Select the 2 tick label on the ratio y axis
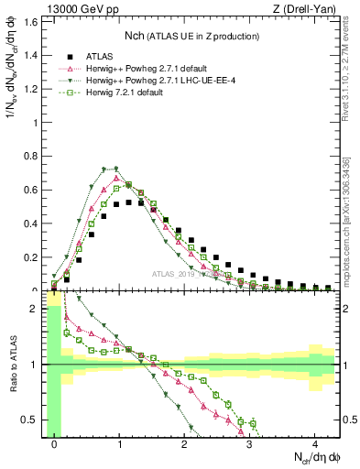pos(37,309)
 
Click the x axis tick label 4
pos(314,444)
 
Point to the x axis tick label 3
pos(249,444)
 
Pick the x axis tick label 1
pos(119,444)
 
